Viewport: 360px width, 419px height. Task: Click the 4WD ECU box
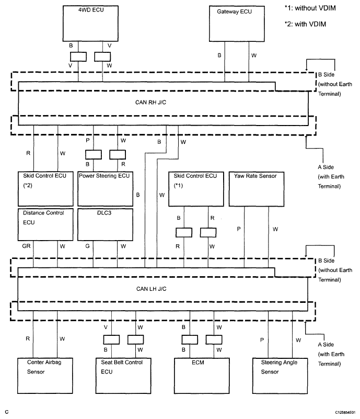tap(90, 24)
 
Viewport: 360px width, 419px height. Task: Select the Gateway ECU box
tap(237, 24)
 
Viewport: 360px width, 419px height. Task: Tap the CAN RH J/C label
tap(150, 103)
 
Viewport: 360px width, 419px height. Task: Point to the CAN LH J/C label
tap(151, 289)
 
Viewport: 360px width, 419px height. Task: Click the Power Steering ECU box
tap(105, 189)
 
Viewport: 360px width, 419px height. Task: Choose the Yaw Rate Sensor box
tap(257, 189)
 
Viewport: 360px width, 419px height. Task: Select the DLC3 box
tap(105, 225)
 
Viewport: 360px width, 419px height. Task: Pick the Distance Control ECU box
tap(45, 225)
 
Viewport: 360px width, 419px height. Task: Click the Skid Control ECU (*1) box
tap(196, 189)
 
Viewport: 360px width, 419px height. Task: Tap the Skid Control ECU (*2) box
tap(45, 189)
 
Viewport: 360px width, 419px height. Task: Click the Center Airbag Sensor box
tap(45, 376)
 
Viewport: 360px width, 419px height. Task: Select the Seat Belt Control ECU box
tap(123, 376)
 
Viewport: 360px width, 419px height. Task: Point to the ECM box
tap(202, 376)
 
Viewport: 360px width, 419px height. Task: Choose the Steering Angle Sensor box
tap(280, 376)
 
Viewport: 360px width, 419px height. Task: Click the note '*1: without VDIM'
tap(310, 8)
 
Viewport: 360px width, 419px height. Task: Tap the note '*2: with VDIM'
tap(305, 24)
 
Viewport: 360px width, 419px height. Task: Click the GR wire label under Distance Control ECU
tap(26, 246)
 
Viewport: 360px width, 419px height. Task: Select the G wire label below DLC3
tap(87, 246)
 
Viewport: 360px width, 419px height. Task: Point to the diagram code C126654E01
tap(345, 412)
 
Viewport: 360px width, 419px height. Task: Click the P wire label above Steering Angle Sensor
tap(262, 340)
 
